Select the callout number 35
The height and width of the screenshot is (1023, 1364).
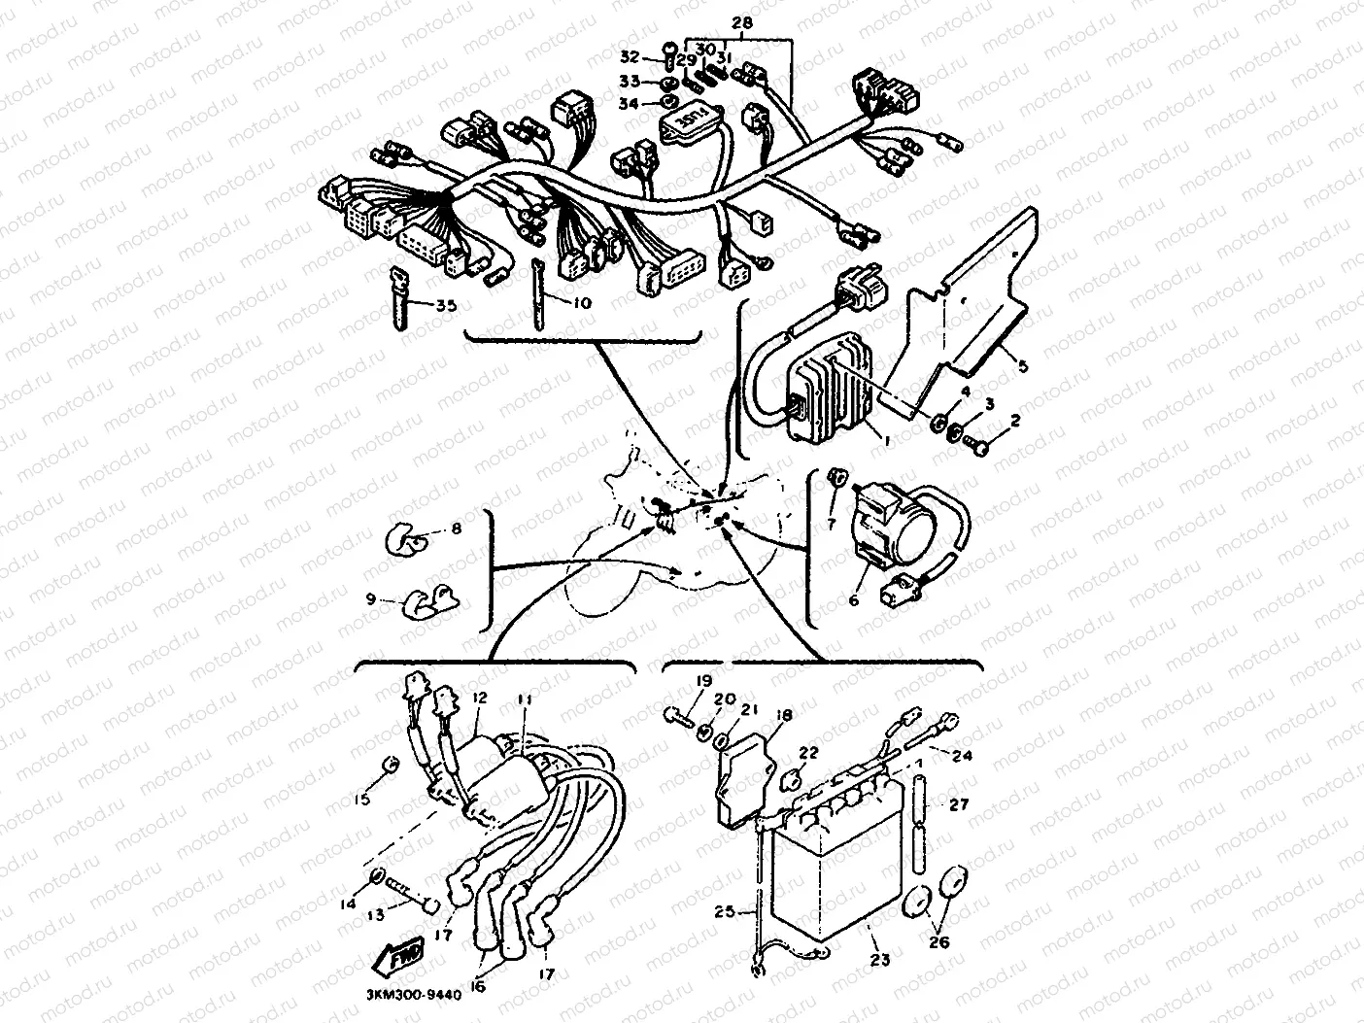(x=445, y=305)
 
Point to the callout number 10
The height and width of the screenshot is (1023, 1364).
(x=581, y=303)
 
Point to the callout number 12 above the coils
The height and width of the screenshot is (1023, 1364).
(x=478, y=697)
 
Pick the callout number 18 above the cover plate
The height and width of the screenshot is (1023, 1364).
(x=785, y=715)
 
